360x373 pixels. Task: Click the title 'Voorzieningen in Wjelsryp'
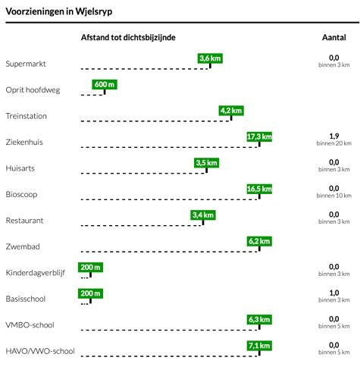pos(59,11)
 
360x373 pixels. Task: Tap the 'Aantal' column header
pos(334,37)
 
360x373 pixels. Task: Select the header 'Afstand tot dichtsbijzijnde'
pos(128,38)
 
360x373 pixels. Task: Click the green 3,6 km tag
pos(210,58)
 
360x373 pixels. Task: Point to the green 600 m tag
pos(105,84)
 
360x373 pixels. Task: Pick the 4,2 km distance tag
pos(231,111)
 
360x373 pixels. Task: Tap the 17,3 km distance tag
pos(259,136)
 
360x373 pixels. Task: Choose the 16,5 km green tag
pos(259,189)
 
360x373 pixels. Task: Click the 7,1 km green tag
pos(259,346)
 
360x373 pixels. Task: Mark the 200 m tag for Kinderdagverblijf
pos(90,268)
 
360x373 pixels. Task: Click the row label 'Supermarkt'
pos(26,64)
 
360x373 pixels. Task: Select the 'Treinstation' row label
pos(26,116)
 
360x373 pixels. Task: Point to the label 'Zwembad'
pos(23,246)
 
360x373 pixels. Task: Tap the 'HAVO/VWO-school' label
pos(40,351)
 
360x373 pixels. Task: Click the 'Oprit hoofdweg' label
pos(33,90)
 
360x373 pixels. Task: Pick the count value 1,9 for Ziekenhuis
pos(334,136)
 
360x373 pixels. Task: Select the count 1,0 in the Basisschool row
pos(334,293)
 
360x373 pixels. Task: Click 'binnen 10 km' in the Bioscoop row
pos(334,196)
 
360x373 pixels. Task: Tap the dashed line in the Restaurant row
pos(142,225)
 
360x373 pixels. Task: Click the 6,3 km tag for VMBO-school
pos(259,320)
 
